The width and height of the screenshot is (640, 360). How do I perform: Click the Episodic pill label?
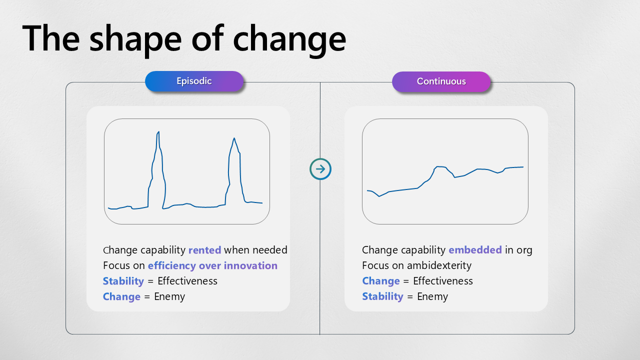[194, 81]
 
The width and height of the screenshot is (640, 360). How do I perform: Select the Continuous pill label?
[441, 81]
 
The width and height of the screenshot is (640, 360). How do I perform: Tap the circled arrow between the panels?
[320, 169]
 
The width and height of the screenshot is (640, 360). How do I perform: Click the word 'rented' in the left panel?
[204, 250]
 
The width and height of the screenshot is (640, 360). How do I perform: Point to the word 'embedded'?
[475, 250]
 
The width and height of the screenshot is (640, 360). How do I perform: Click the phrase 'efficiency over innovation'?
[212, 265]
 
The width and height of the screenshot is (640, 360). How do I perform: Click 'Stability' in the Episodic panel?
[123, 281]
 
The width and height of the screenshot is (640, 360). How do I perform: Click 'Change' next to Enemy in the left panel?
[121, 296]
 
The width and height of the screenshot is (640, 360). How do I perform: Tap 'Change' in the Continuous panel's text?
[381, 281]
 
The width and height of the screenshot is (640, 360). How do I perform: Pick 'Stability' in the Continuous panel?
[382, 296]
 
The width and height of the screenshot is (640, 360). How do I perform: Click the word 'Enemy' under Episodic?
[169, 296]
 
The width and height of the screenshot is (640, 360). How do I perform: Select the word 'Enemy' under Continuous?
[432, 296]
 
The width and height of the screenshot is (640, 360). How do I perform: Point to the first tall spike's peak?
[158, 132]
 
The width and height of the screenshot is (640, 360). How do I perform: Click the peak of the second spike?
[234, 138]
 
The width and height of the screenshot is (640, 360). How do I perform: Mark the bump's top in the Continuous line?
[440, 167]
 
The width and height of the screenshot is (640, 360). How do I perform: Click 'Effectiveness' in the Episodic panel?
[187, 281]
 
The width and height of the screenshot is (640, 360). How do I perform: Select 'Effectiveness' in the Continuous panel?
[443, 281]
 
